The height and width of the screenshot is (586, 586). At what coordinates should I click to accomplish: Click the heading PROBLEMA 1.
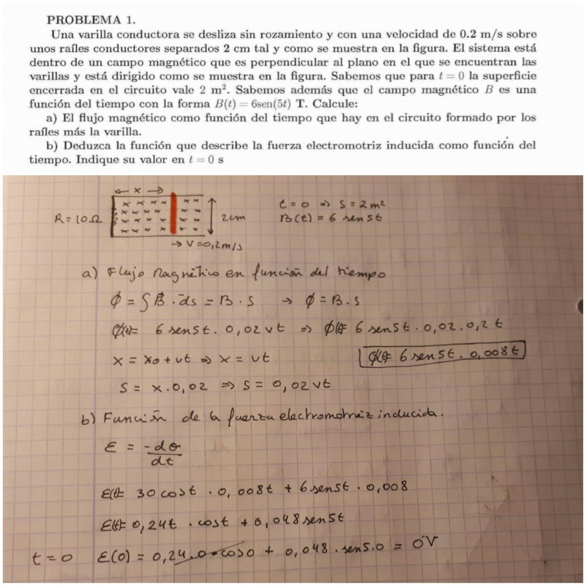tap(90, 20)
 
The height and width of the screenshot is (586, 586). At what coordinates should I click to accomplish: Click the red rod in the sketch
tap(173, 214)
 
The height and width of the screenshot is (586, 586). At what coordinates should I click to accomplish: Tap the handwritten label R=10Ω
tap(78, 220)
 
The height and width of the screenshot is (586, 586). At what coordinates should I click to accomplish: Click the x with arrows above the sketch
tap(139, 189)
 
